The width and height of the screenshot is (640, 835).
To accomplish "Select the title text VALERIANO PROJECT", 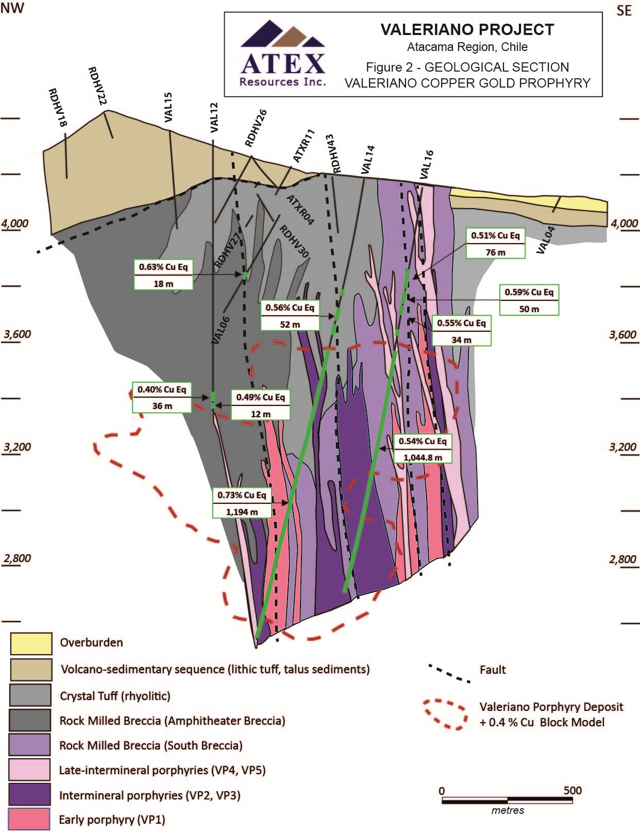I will tap(467, 29).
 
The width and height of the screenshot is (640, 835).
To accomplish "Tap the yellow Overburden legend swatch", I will tap(31, 643).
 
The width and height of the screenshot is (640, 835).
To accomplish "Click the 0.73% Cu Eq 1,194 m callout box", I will tap(242, 503).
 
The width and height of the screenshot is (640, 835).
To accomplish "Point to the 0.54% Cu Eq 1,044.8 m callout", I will tap(423, 449).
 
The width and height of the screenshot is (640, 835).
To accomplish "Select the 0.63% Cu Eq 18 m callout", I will tap(163, 275).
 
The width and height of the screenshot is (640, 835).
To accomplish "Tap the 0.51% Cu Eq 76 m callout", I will tap(495, 244).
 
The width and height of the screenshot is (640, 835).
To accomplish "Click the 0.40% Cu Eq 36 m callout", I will tap(162, 397).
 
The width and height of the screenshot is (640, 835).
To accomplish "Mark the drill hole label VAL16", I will tap(427, 164).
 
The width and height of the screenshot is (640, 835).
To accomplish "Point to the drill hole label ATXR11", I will tap(304, 146).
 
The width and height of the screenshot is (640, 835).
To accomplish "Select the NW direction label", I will tap(12, 8).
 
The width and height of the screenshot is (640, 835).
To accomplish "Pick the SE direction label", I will tap(624, 10).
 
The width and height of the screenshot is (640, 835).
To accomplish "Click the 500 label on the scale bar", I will tap(572, 790).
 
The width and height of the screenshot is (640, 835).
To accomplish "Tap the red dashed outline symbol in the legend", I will tap(445, 714).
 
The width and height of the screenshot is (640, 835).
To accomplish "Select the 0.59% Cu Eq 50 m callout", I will tap(529, 300).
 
